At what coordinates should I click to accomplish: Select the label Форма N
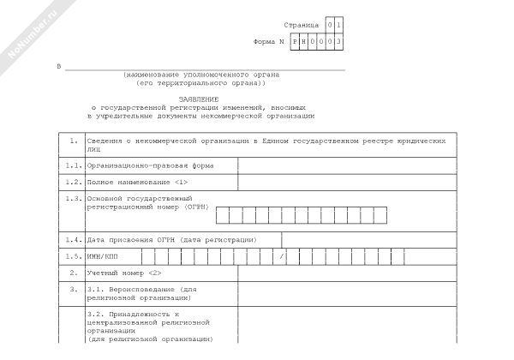(271, 41)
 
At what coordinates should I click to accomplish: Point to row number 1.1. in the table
(73, 165)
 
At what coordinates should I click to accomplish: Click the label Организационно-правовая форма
(149, 165)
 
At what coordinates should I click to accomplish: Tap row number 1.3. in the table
(73, 198)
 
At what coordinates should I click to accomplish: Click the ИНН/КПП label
(104, 256)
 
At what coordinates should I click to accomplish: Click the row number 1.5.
(73, 256)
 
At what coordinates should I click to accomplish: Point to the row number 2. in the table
(74, 273)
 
